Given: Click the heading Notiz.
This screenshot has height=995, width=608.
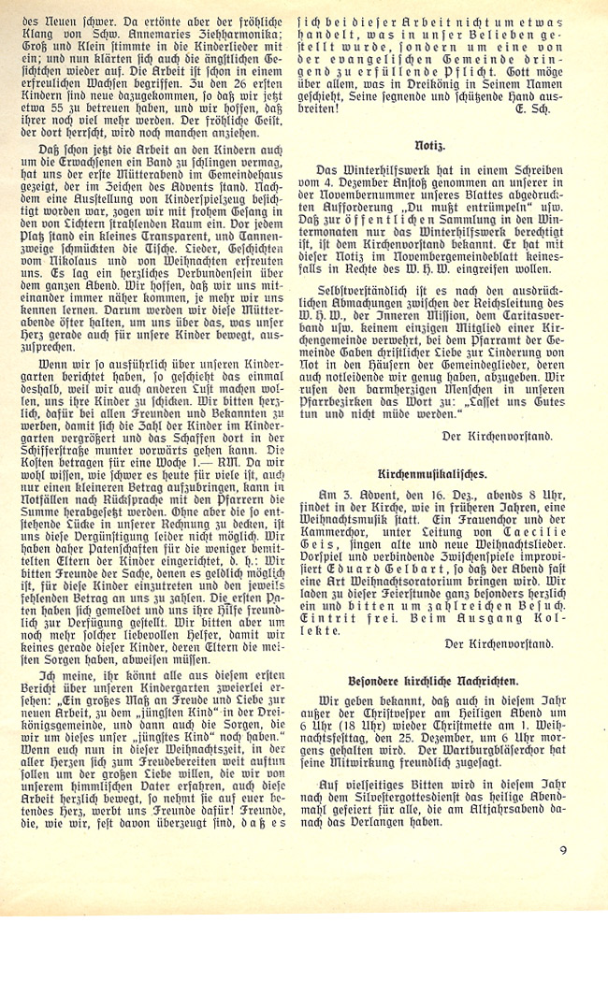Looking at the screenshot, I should click(429, 148).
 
